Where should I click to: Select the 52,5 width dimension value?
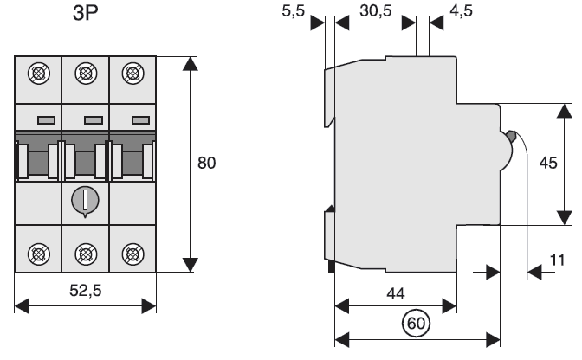85,292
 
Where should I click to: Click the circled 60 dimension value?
417,324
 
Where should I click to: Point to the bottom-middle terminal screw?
86,253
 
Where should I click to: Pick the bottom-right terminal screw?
132,253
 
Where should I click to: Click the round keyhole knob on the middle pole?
86,201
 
